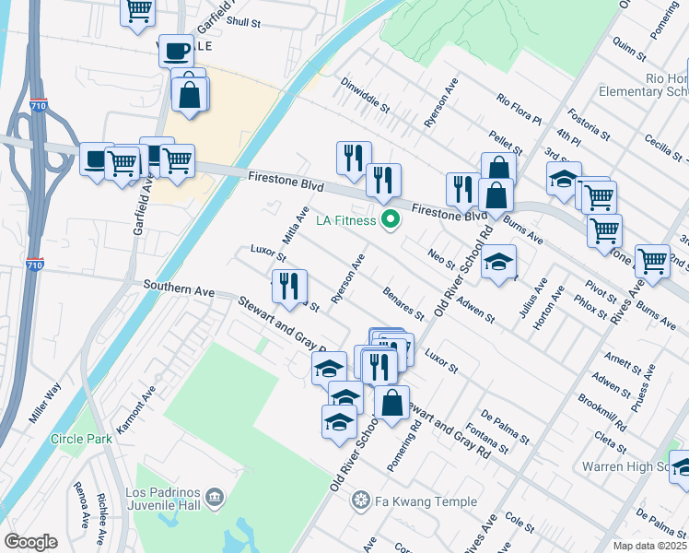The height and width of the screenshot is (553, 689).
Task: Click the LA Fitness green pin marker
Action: (x=390, y=220)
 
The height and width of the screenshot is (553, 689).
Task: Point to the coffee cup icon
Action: (x=177, y=50)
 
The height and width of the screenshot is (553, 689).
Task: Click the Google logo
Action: (x=30, y=541)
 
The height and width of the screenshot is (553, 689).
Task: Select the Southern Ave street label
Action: (x=179, y=289)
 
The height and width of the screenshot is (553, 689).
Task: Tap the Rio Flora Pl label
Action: (x=519, y=109)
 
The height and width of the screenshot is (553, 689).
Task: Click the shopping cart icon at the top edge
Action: (x=138, y=10)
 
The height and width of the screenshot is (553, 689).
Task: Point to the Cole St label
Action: (x=520, y=524)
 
